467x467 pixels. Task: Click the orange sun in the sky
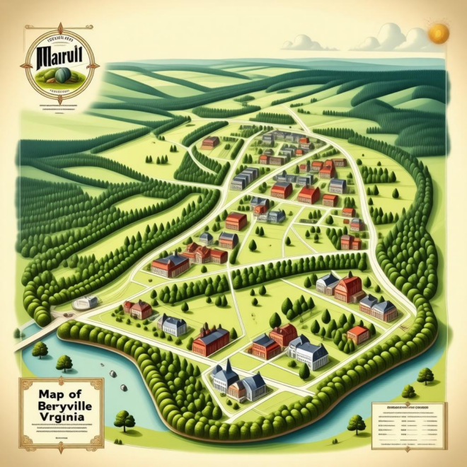(439, 33)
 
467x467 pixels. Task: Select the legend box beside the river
(409, 424)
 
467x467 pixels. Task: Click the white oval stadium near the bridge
(84, 302)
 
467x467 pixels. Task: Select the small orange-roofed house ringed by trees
(359, 333)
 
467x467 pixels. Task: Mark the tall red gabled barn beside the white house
(349, 288)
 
